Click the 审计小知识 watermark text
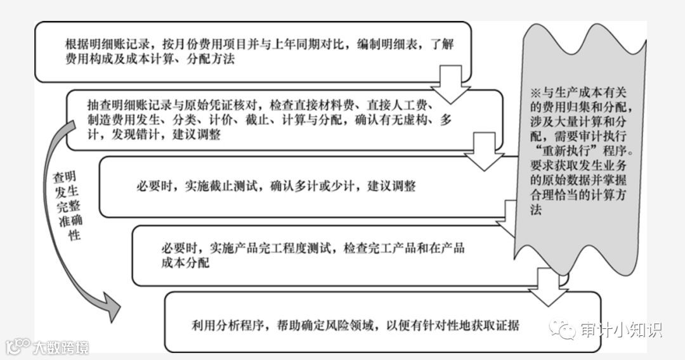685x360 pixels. click(x=620, y=330)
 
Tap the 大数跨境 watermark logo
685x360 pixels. click(x=48, y=347)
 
